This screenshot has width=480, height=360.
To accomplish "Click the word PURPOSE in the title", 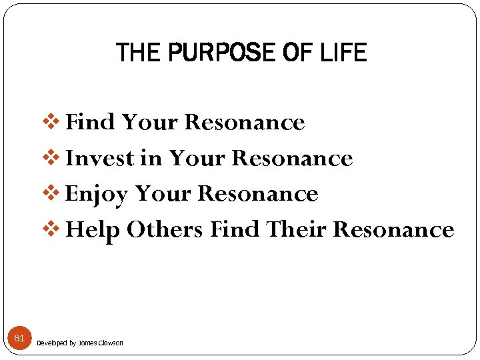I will click(214, 53).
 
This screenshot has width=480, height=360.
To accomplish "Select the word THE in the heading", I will click(137, 53).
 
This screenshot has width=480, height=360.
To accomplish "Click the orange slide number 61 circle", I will click(19, 339).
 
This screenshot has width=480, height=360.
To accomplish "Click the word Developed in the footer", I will click(51, 343).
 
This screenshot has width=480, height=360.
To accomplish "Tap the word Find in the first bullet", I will click(92, 123).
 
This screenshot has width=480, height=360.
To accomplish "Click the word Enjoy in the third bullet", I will click(97, 194).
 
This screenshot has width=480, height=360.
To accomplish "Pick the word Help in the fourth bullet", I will click(93, 230).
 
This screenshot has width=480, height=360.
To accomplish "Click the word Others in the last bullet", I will click(165, 230).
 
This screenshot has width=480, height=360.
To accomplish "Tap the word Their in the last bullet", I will click(296, 230).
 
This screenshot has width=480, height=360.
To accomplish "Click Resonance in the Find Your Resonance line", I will click(244, 123).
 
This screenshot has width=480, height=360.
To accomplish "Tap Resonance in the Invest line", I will click(292, 158).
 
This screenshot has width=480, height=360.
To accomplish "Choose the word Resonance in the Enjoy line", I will click(258, 194).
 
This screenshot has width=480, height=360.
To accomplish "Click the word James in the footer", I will click(87, 343).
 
